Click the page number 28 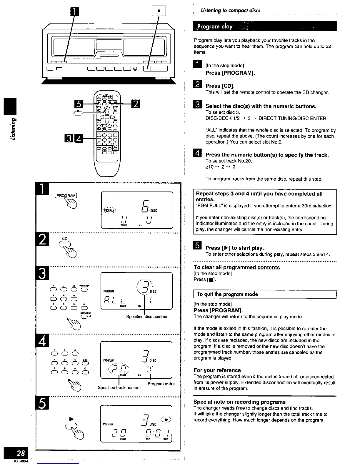(x=21, y=453)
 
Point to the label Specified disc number (x=147, y=317)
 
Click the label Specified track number (x=119, y=388)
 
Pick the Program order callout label (x=161, y=384)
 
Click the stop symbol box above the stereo (x=159, y=11)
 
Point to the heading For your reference (x=217, y=370)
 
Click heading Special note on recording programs (x=239, y=402)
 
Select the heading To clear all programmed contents (x=236, y=267)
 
